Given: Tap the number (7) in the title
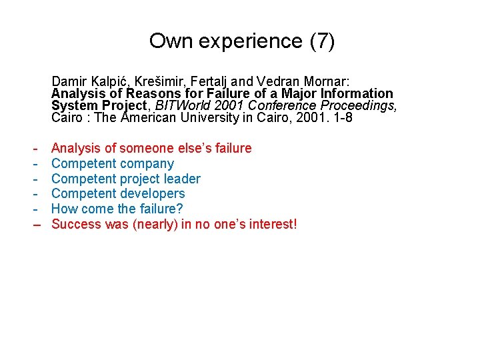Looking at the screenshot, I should tap(323, 41).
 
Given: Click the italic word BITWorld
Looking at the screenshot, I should tap(179, 106).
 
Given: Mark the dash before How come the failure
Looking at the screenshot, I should tap(35, 209).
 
